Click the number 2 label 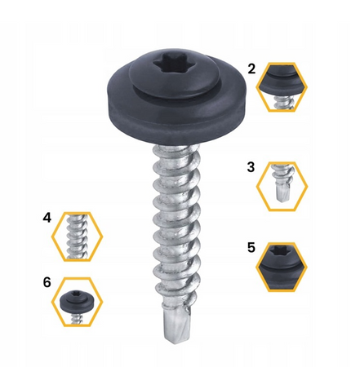[x=251, y=69]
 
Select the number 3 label [x=251, y=167]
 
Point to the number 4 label [x=47, y=218]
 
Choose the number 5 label [x=251, y=248]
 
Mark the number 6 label [x=47, y=282]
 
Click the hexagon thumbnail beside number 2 [x=282, y=87]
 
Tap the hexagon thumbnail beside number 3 [x=282, y=186]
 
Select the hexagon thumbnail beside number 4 [x=77, y=237]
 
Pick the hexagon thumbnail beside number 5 [x=282, y=267]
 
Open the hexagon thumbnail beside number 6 [x=77, y=302]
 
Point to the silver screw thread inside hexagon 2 [x=284, y=104]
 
